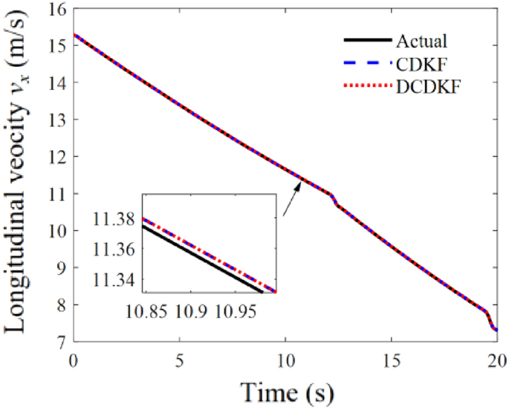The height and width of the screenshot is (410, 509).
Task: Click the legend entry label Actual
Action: (x=422, y=40)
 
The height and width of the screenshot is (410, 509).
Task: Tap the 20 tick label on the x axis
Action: (x=496, y=358)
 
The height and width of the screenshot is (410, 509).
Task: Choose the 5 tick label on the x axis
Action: (x=179, y=358)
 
